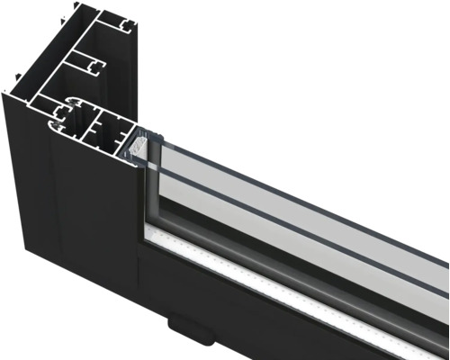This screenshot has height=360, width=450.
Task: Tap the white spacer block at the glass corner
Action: click(x=139, y=143)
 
